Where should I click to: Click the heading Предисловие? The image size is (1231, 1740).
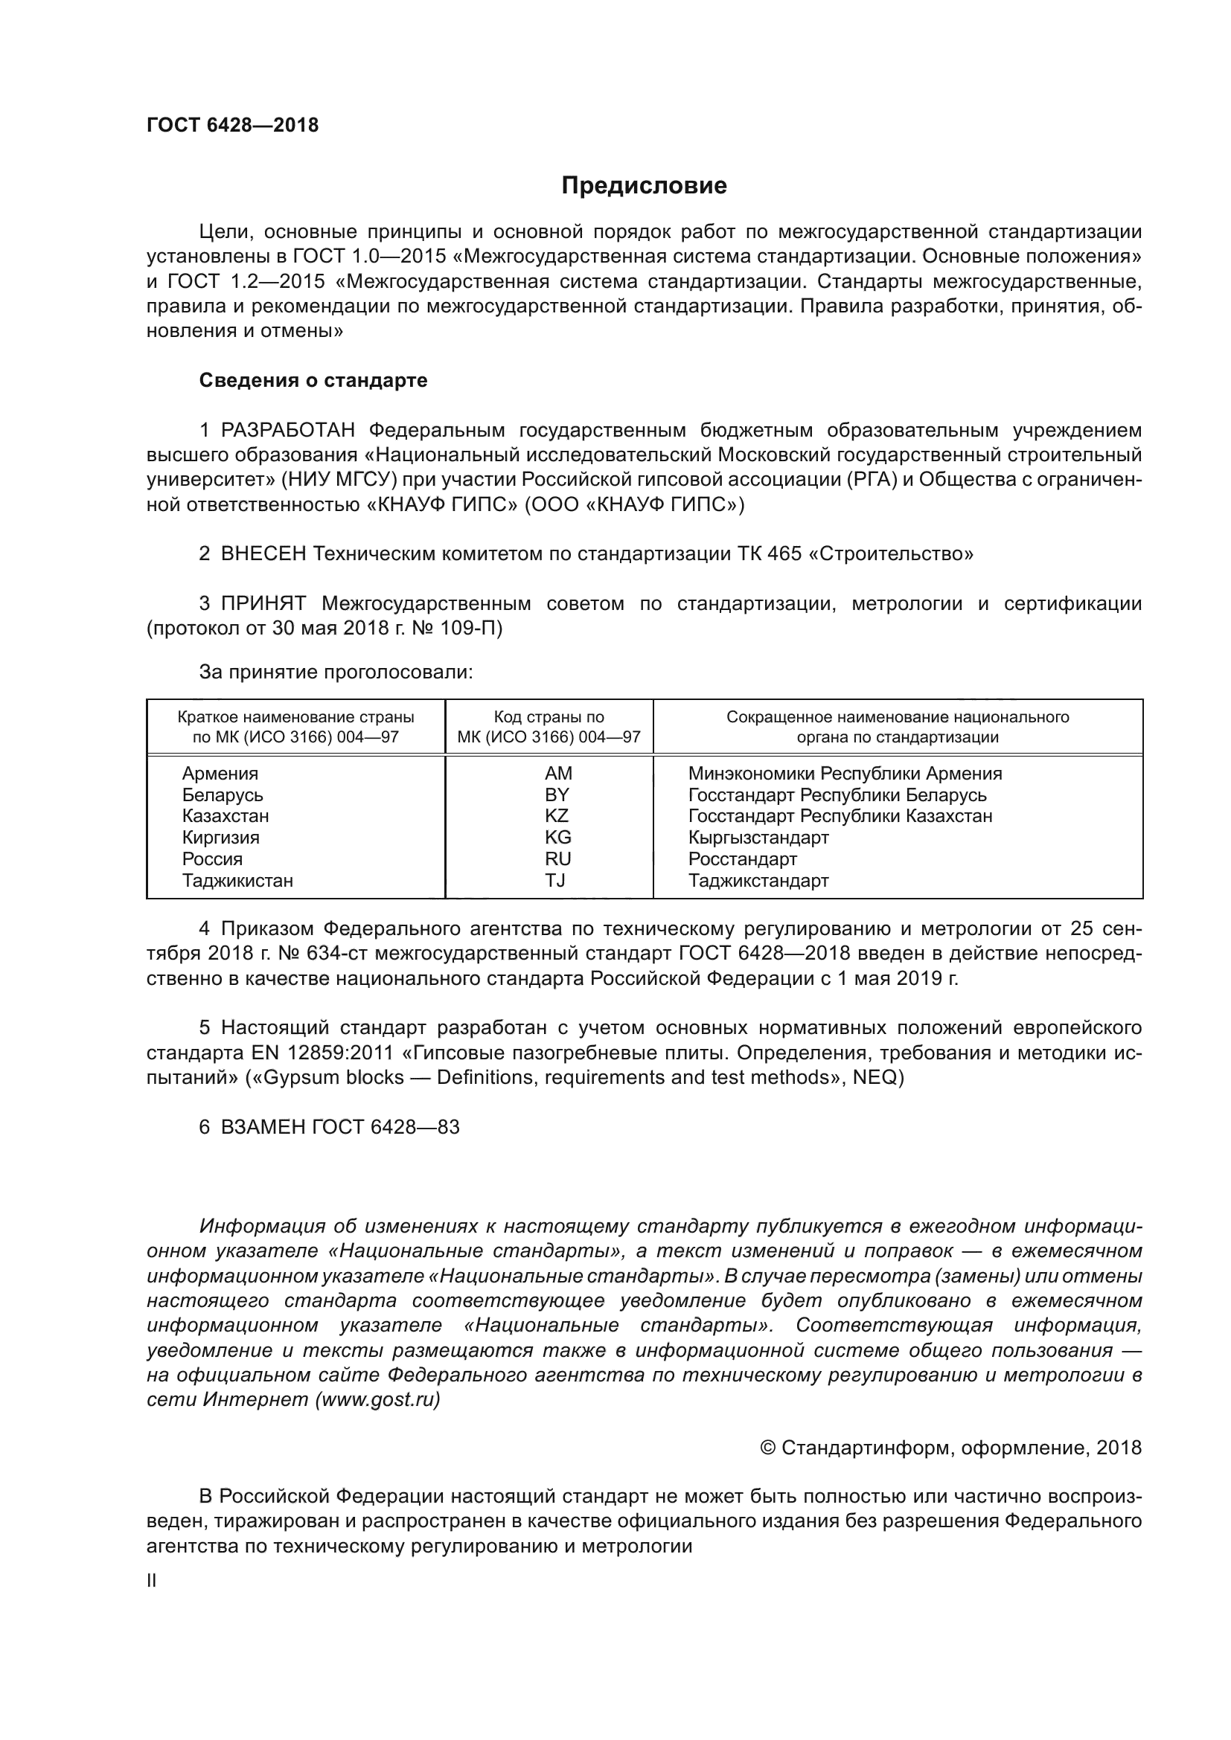644,186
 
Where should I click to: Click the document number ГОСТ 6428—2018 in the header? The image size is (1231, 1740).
233,126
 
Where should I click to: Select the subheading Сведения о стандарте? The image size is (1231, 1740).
313,380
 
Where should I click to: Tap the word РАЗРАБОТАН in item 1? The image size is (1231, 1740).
288,431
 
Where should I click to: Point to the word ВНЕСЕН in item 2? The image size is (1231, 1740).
263,554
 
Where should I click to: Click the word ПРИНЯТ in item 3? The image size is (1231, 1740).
263,604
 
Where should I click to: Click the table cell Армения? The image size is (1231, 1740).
220,774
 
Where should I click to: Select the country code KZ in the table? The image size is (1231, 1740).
557,816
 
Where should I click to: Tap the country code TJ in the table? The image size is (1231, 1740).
555,881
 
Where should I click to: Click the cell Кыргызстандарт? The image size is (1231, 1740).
758,838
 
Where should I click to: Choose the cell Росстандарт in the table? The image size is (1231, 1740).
742,859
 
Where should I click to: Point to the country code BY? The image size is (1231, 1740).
557,795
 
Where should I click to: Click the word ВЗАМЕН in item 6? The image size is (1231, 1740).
263,1127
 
